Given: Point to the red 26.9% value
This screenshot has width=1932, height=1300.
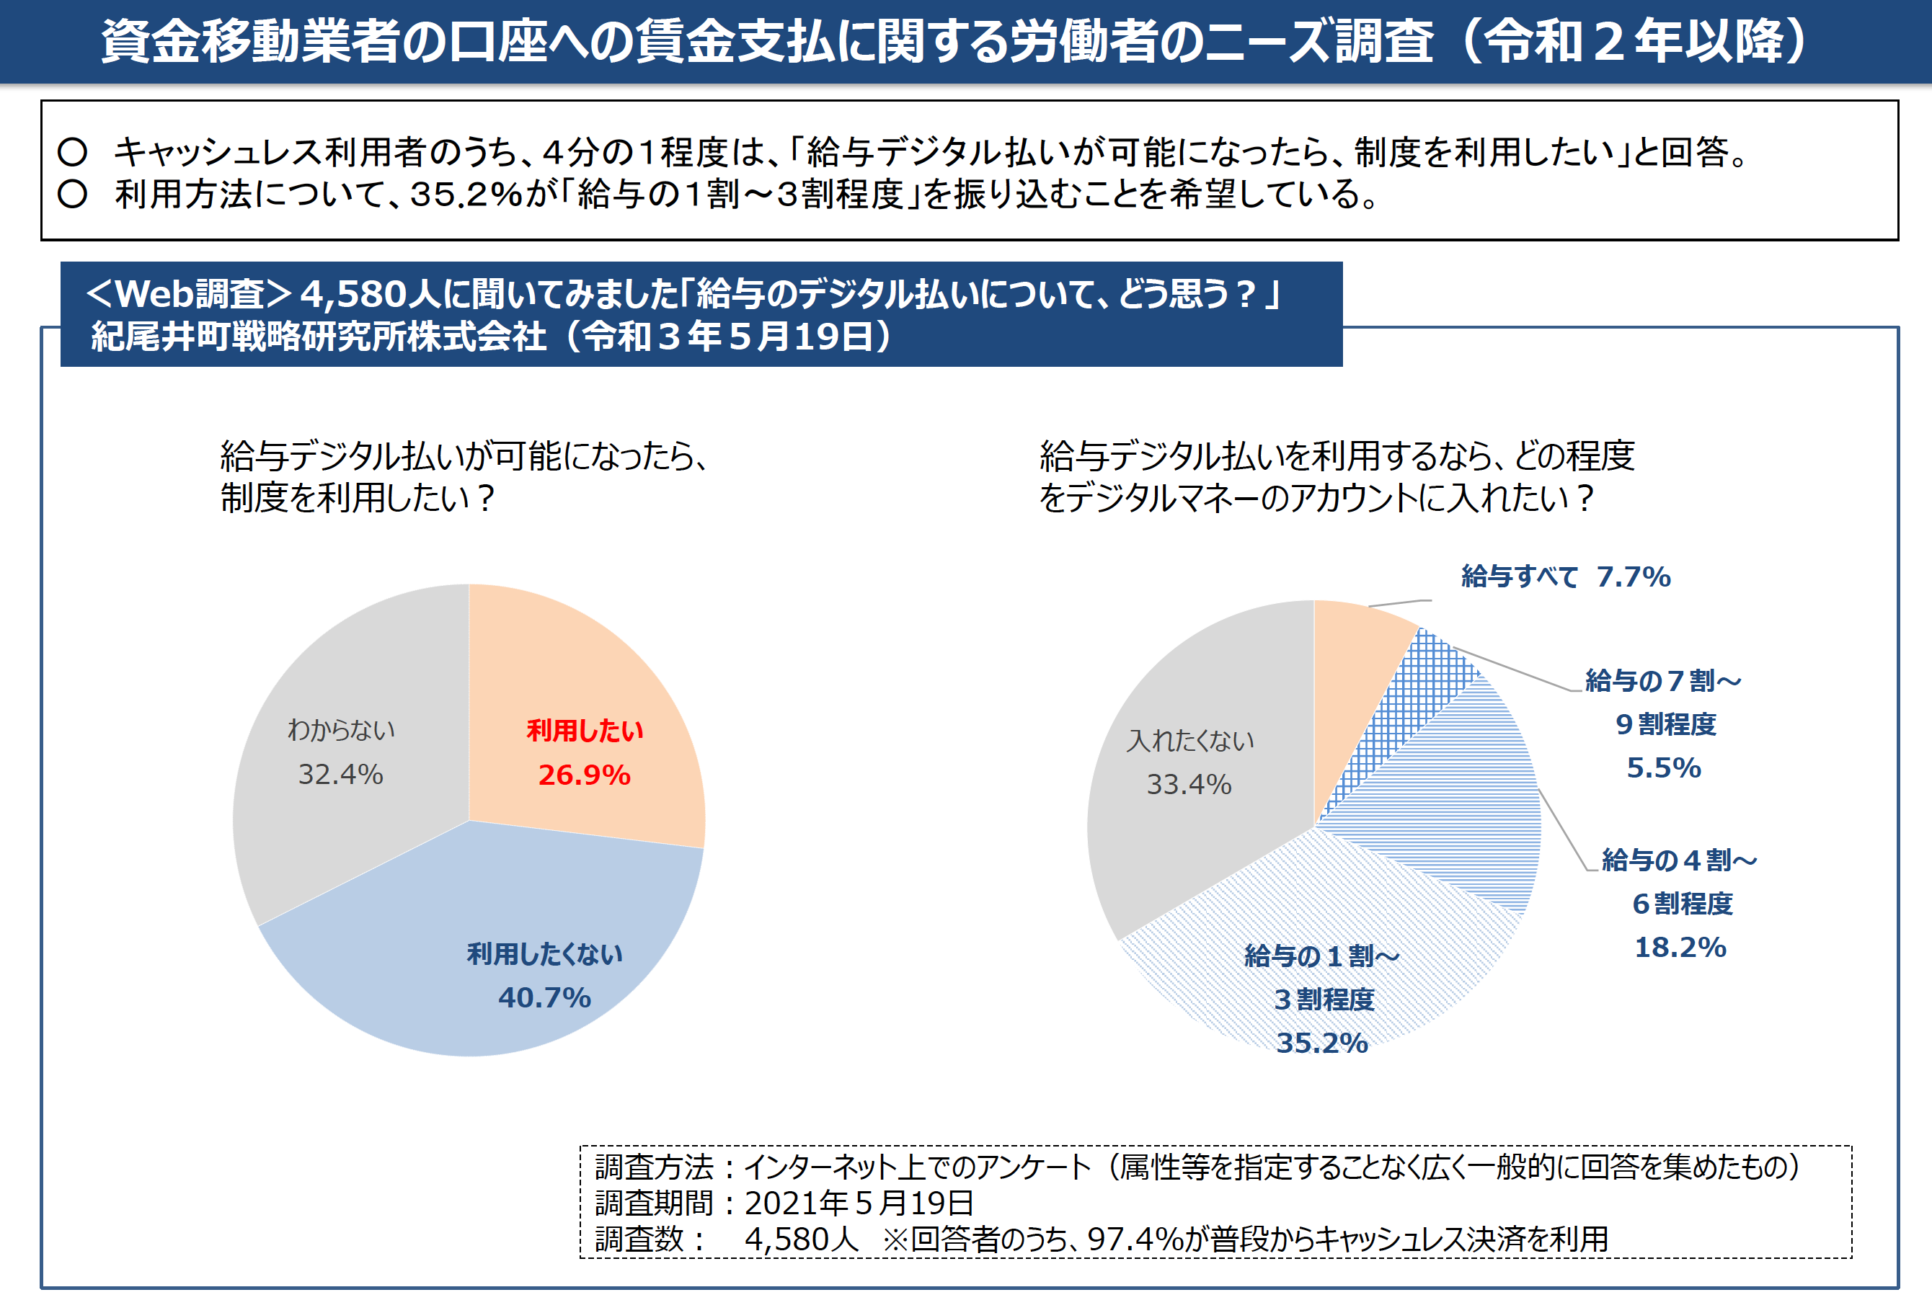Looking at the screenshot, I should point(585,775).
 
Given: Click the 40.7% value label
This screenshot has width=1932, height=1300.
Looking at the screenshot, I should point(544,997).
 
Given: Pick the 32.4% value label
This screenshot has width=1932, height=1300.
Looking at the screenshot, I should point(341,775).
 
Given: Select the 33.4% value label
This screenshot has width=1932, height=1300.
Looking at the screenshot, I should point(1189,784).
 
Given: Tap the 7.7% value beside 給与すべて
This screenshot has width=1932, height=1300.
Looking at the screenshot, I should point(1634,577).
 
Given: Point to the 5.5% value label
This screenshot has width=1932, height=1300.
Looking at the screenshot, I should point(1663,767).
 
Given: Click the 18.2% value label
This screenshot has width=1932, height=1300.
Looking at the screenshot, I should point(1680,948).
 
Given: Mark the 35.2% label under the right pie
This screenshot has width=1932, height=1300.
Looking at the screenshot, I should point(1321,1043).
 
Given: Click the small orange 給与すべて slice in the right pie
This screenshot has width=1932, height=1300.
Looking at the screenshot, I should point(1352,655).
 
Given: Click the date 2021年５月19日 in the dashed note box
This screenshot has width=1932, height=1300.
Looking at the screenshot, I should point(859,1203).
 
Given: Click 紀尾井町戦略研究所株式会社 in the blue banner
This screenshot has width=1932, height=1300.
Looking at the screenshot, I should point(319,337).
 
